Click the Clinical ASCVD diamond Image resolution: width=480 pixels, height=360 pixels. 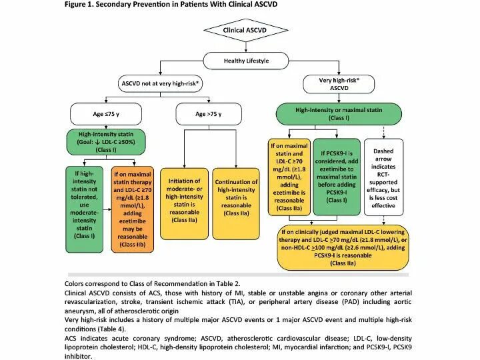pyautogui.click(x=240, y=29)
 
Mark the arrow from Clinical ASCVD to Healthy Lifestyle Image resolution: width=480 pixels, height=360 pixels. pyautogui.click(x=240, y=47)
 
